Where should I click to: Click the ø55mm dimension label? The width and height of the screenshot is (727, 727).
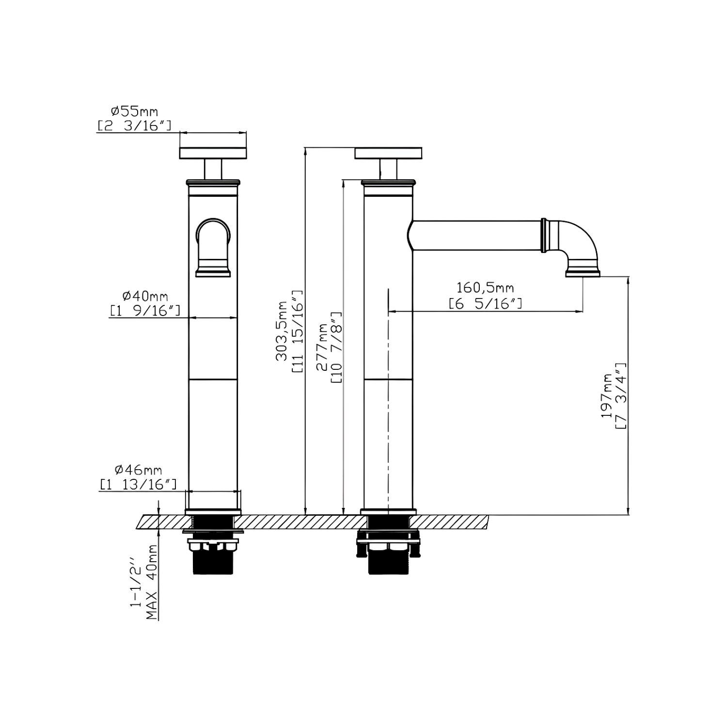pyautogui.click(x=134, y=112)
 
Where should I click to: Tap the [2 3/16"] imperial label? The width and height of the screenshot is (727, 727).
pyautogui.click(x=134, y=126)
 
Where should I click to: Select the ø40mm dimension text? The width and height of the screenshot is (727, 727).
pyautogui.click(x=145, y=296)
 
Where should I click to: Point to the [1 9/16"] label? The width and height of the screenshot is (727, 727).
pyautogui.click(x=145, y=310)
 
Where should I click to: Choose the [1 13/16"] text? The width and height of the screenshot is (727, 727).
pyautogui.click(x=138, y=484)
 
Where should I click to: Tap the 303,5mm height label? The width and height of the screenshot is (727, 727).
pyautogui.click(x=282, y=331)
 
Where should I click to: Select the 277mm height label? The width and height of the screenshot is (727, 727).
pyautogui.click(x=322, y=348)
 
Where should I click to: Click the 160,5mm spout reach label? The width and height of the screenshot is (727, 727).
pyautogui.click(x=485, y=288)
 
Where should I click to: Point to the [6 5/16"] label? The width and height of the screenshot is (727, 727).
pyautogui.click(x=485, y=304)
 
